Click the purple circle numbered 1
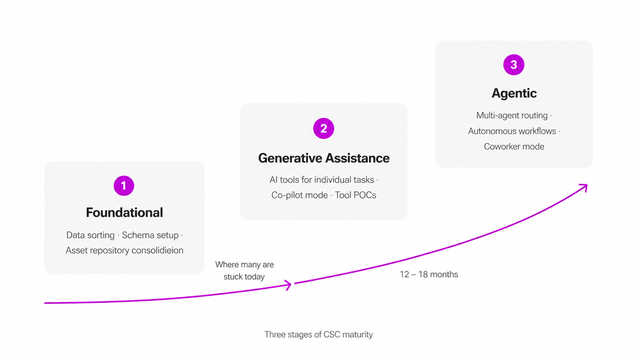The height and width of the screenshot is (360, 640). tap(124, 186)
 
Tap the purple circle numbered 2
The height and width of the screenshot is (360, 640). tap(323, 128)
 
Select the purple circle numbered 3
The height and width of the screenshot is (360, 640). tap(514, 65)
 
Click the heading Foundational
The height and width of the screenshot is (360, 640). tap(124, 212)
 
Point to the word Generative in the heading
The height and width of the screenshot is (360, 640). tap(289, 158)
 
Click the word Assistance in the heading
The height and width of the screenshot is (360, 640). tap(357, 158)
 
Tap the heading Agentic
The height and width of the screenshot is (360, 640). tap(514, 93)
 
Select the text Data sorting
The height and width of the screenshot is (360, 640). tap(90, 235)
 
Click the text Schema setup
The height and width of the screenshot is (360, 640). tap(150, 235)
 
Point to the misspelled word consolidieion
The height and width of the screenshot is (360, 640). tap(157, 250)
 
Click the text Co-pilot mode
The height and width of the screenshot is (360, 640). tap(299, 195)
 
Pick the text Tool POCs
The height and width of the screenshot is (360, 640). tap(356, 195)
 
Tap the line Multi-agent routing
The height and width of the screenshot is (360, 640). tap(512, 115)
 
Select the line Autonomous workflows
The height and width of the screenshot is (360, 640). tap(512, 131)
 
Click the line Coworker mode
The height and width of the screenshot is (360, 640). tap(514, 147)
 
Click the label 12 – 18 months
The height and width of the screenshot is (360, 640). tap(429, 274)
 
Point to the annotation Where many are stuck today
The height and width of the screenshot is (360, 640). tap(245, 270)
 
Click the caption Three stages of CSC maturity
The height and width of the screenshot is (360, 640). tap(318, 334)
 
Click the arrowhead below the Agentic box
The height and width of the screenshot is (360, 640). tap(584, 187)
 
